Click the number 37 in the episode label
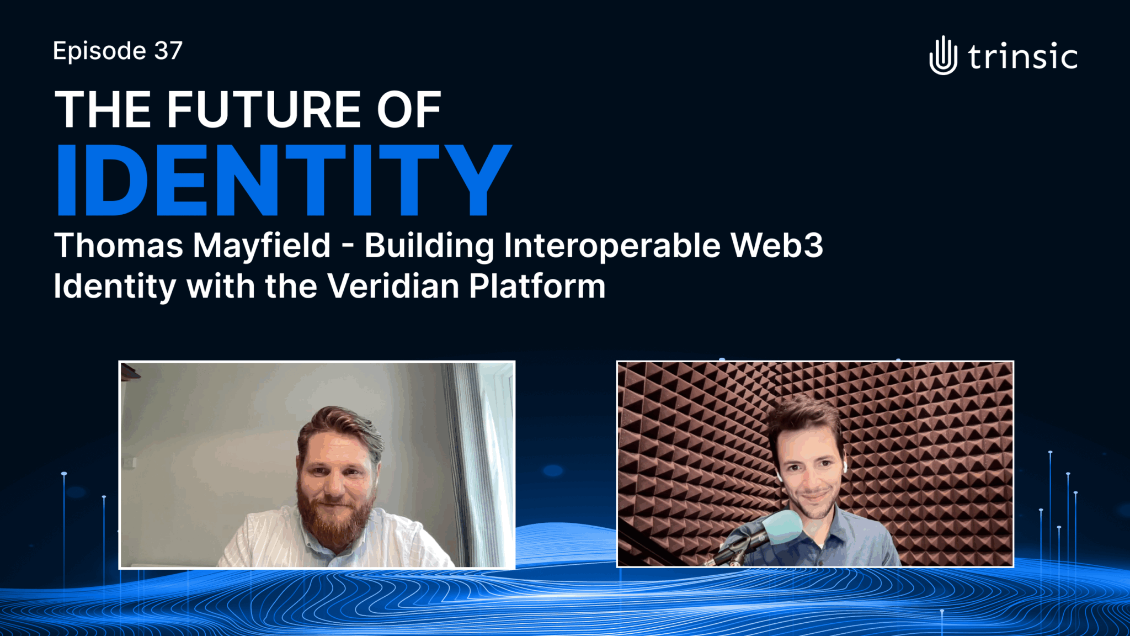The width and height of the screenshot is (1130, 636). coord(168,51)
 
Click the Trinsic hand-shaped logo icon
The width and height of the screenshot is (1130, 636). coord(943,55)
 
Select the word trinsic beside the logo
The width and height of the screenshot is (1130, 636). coord(1022,56)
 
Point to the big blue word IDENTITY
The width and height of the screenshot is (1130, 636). coord(284,179)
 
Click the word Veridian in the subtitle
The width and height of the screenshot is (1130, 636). coord(393,287)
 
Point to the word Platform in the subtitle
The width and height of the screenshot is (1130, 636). coord(537,287)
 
